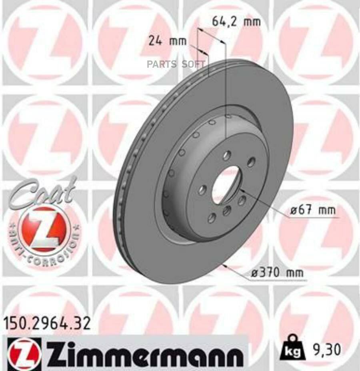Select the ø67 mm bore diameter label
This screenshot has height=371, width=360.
[x=313, y=210]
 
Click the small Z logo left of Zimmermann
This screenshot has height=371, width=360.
[x=24, y=352]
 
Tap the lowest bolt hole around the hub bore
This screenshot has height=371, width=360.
[x=212, y=217]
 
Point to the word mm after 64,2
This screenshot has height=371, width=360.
[x=252, y=21]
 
